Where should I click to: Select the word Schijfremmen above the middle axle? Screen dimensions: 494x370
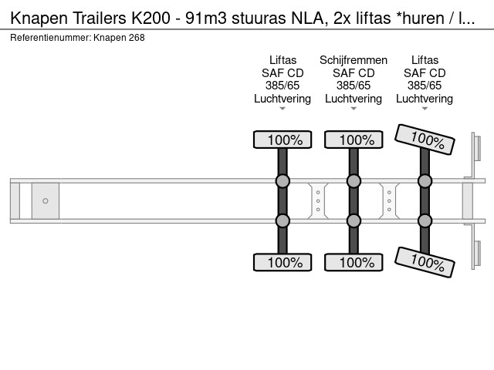pos(354,60)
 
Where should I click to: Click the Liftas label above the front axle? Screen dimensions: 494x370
pos(283,60)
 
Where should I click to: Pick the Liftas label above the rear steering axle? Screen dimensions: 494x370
pos(425,60)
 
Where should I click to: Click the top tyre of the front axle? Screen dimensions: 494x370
pos(283,140)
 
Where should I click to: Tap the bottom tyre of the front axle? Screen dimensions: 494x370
pos(283,262)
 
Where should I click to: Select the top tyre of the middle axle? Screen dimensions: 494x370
pos(354,140)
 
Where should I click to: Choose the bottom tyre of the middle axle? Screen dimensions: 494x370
pos(354,262)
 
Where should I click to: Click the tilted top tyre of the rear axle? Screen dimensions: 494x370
pos(425,140)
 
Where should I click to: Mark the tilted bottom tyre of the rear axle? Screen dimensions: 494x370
pos(425,262)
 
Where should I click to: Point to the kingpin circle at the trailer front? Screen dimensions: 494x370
pos(46,200)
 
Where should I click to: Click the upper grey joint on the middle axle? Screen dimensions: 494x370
pos(354,181)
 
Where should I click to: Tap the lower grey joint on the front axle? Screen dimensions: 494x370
pos(283,221)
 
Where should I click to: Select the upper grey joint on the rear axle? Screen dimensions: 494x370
pos(425,181)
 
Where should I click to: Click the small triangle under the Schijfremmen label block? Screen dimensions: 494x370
pos(354,109)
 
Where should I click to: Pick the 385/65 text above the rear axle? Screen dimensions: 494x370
pos(425,86)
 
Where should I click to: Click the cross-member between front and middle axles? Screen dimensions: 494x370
pos(318,200)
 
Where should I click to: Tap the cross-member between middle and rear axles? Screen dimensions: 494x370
pos(389,200)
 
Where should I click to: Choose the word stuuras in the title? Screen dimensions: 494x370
pos(259,18)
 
